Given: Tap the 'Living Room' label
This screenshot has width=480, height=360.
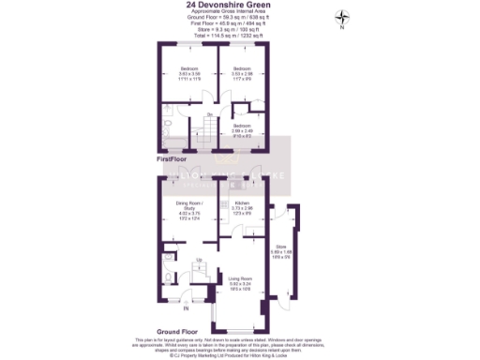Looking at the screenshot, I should click(x=240, y=277).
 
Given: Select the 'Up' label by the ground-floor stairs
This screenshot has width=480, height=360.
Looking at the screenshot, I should click(x=199, y=260).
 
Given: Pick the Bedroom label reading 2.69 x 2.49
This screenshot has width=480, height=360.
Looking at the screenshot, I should click(x=242, y=129).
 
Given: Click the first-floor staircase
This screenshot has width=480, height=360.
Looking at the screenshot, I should click(x=208, y=126).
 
